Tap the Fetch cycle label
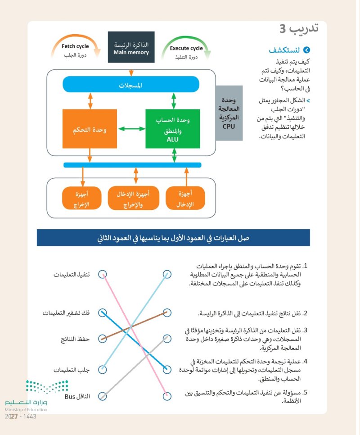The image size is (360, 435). pyautogui.click(x=75, y=46)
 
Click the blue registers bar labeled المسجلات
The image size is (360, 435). pyautogui.click(x=130, y=85)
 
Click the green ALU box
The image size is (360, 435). pyautogui.click(x=173, y=128)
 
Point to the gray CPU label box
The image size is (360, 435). pyautogui.click(x=229, y=113)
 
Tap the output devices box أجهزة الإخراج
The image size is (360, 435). pyautogui.click(x=81, y=198)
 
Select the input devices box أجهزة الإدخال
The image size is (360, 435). pyautogui.click(x=185, y=198)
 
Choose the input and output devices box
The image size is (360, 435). pyautogui.click(x=134, y=198)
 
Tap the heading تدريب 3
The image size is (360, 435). pyautogui.click(x=299, y=29)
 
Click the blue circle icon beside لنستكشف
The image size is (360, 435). pyautogui.click(x=307, y=50)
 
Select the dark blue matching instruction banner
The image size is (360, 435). pyautogui.click(x=173, y=237)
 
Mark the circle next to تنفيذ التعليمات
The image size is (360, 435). pyautogui.click(x=103, y=274)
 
